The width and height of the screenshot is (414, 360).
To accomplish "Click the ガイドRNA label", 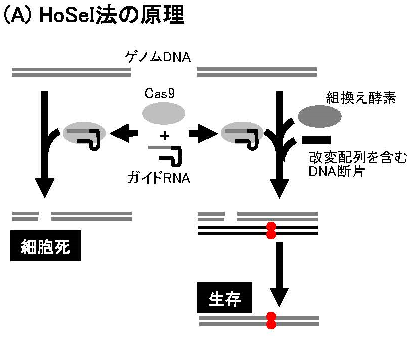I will coord(161,177).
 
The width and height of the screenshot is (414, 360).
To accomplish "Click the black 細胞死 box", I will coord(45,247).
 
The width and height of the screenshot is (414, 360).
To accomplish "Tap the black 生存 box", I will coord(225,299).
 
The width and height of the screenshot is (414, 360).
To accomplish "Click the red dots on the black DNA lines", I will coord(271,231).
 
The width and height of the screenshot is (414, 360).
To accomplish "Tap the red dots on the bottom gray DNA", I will coord(271,320).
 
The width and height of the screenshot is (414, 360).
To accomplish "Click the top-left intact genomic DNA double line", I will coord(71,73).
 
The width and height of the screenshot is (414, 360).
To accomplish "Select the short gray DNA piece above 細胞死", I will coord(25,216).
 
